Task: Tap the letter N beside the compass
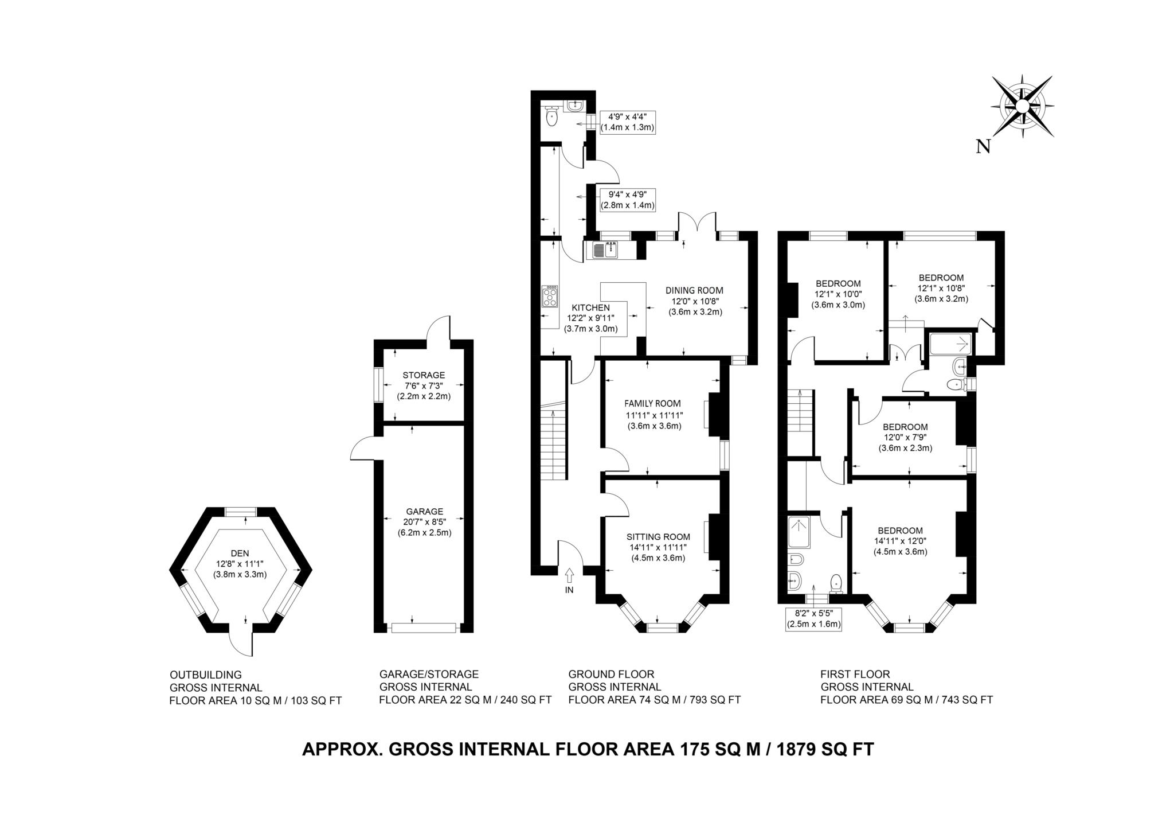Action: [x=983, y=147]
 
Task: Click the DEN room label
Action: [x=240, y=553]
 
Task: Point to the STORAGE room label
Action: [x=424, y=375]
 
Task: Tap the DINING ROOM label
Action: [x=694, y=290]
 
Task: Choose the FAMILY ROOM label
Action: [x=652, y=403]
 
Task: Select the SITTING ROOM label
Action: [x=658, y=537]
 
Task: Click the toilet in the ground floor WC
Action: [x=551, y=117]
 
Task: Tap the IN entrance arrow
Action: [x=569, y=574]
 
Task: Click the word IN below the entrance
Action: [x=569, y=590]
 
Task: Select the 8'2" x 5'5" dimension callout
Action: [x=813, y=619]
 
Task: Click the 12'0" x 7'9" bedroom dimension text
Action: [x=905, y=438]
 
